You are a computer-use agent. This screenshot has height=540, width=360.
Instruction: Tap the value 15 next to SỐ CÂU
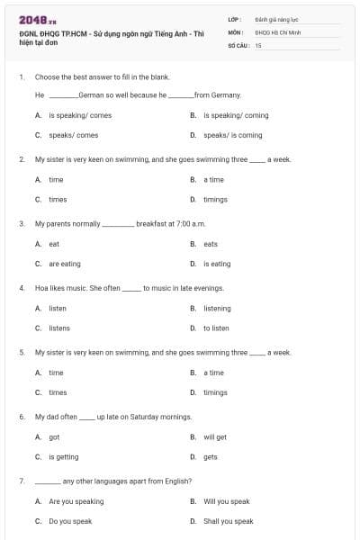pyautogui.click(x=258, y=44)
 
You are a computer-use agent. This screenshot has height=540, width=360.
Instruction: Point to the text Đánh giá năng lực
pyautogui.click(x=274, y=18)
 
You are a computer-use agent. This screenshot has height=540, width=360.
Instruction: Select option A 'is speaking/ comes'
pyautogui.click(x=73, y=115)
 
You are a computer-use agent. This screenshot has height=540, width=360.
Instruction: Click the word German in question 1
pyautogui.click(x=93, y=94)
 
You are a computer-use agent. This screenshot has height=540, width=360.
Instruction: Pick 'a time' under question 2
pyautogui.click(x=213, y=180)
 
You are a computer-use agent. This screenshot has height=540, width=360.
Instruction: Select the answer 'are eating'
pyautogui.click(x=64, y=264)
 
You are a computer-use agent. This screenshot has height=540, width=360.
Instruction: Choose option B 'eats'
pyautogui.click(x=211, y=244)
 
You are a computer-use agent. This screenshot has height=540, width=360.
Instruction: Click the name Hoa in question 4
pyautogui.click(x=40, y=288)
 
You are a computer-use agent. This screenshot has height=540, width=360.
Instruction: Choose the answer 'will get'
pyautogui.click(x=215, y=437)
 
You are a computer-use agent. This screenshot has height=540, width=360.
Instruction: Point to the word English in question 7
pyautogui.click(x=178, y=481)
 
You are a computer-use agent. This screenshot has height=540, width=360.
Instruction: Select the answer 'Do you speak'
pyautogui.click(x=70, y=521)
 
